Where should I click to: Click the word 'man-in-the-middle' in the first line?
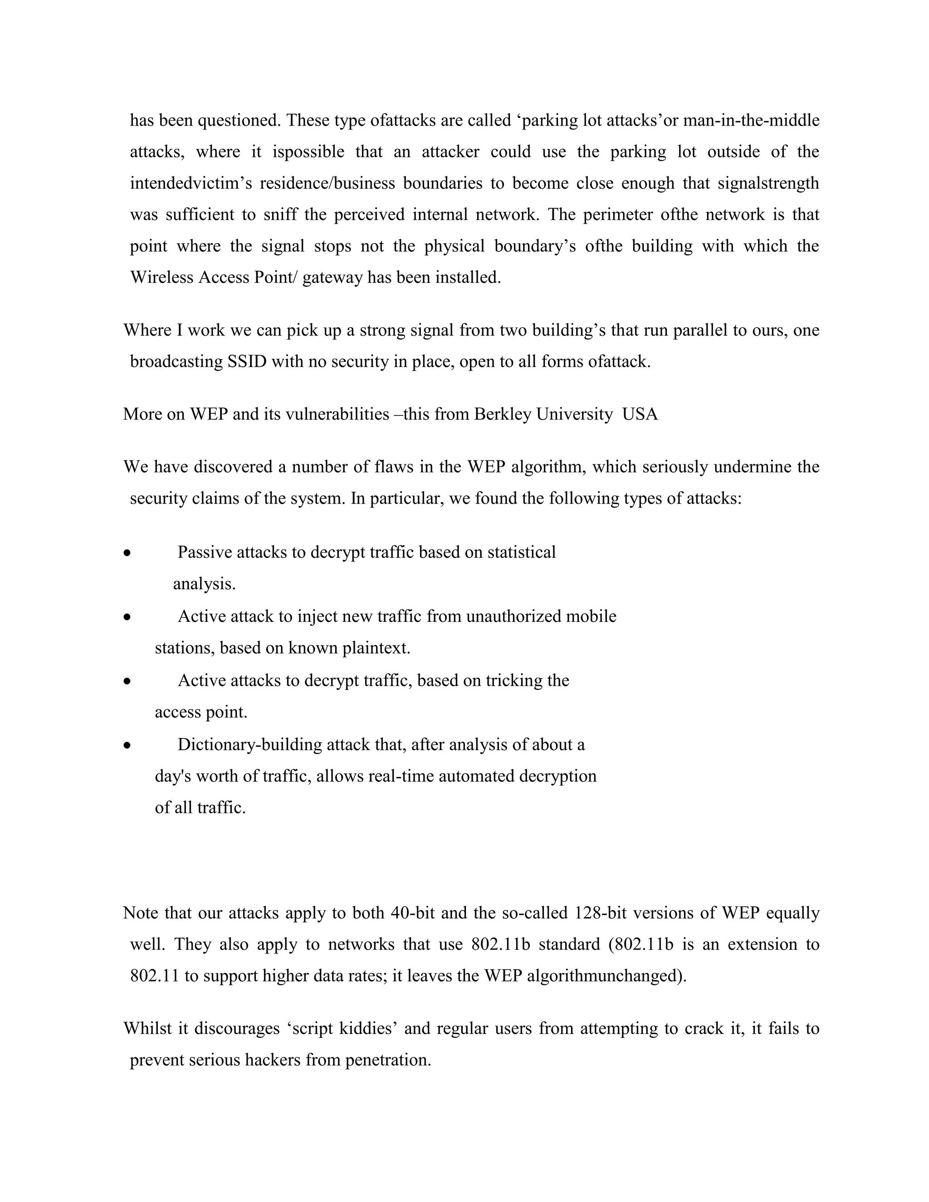click(x=751, y=120)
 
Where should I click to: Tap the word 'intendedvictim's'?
click(x=191, y=183)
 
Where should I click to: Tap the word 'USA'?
click(x=640, y=414)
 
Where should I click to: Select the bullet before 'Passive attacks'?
click(x=127, y=553)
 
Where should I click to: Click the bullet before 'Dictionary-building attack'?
click(x=127, y=746)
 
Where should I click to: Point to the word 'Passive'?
click(x=205, y=552)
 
